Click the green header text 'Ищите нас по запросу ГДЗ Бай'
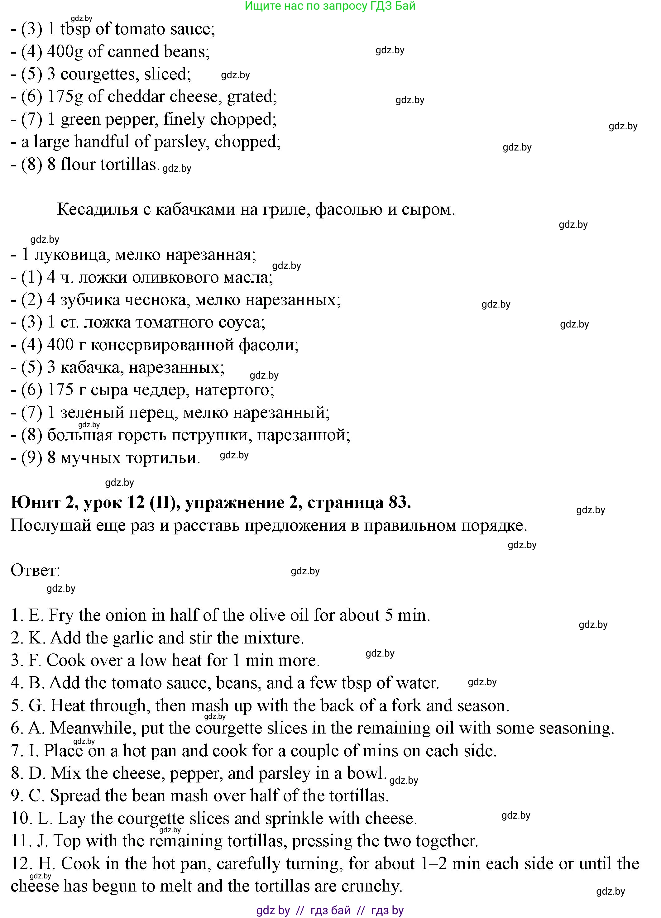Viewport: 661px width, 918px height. click(x=330, y=6)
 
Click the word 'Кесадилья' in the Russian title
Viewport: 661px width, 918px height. click(x=98, y=210)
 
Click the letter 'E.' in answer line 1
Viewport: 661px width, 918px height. click(x=36, y=616)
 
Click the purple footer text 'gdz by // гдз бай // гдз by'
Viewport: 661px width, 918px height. click(x=330, y=910)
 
